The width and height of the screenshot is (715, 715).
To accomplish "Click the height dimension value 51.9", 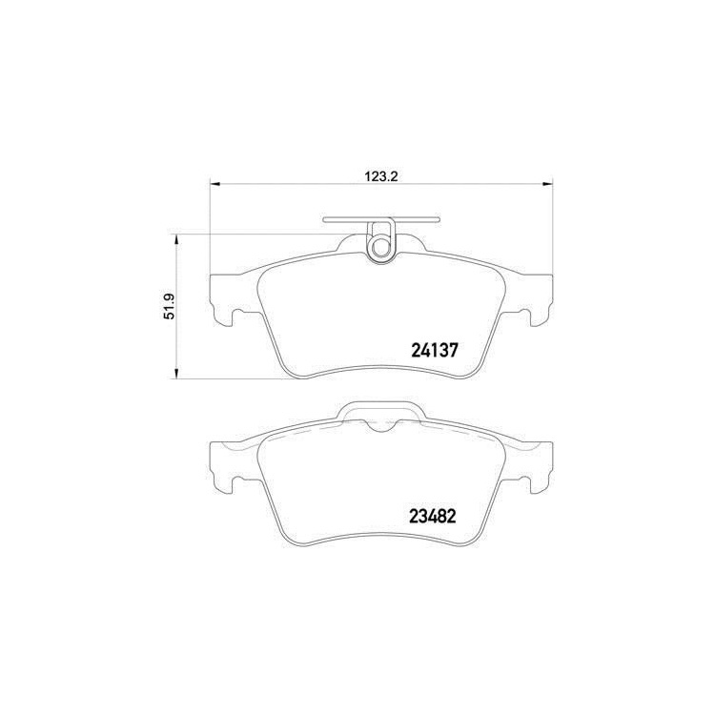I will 168,307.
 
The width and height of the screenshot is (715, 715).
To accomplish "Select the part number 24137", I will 436,350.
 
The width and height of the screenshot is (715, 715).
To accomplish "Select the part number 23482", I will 436,520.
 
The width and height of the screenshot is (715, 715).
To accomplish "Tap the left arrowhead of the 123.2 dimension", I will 214,184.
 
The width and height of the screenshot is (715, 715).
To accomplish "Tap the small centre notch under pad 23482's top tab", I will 381,427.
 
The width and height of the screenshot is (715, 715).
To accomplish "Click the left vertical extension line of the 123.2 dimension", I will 209,229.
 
